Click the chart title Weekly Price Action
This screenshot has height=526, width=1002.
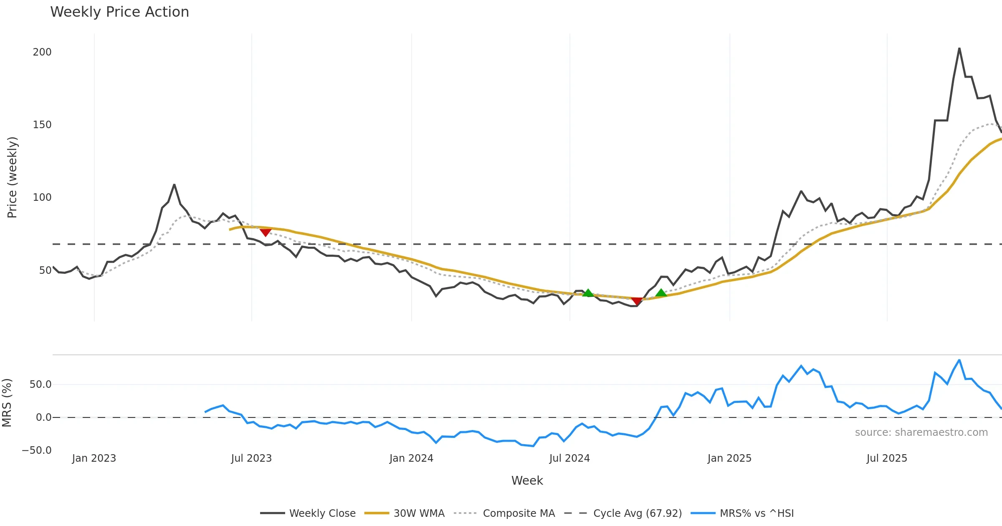click(119, 12)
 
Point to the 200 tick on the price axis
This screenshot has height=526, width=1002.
click(42, 52)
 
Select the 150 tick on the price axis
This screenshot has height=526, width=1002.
click(42, 125)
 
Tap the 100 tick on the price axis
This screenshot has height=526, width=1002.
click(42, 197)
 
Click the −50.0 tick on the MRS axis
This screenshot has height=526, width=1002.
click(37, 450)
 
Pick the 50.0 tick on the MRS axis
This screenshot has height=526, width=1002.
click(40, 384)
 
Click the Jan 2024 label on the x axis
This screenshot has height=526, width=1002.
click(411, 458)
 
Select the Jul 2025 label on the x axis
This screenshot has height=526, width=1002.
click(887, 458)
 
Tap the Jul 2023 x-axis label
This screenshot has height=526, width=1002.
click(251, 458)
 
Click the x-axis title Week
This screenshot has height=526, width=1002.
click(527, 481)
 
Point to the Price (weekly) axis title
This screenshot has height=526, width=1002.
click(13, 177)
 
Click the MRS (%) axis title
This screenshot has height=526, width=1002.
click(7, 403)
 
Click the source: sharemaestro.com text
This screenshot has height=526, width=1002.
click(921, 432)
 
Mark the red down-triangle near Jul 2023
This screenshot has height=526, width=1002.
click(266, 232)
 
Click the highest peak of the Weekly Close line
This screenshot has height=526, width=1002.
click(959, 48)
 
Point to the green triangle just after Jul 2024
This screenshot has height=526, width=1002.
click(588, 293)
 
